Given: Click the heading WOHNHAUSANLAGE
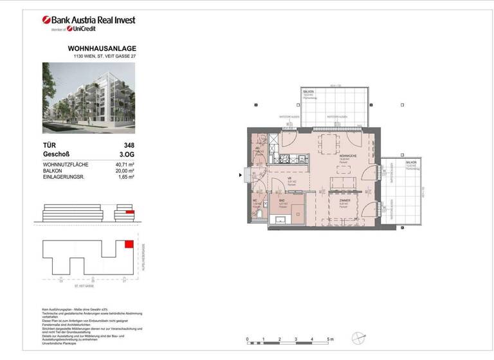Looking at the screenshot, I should tap(102, 49).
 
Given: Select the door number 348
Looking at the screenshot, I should tap(129, 146).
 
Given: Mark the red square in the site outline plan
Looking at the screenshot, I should tap(129, 244).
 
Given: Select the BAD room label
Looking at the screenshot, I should tap(282, 202).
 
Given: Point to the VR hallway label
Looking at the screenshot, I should tap(291, 181).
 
